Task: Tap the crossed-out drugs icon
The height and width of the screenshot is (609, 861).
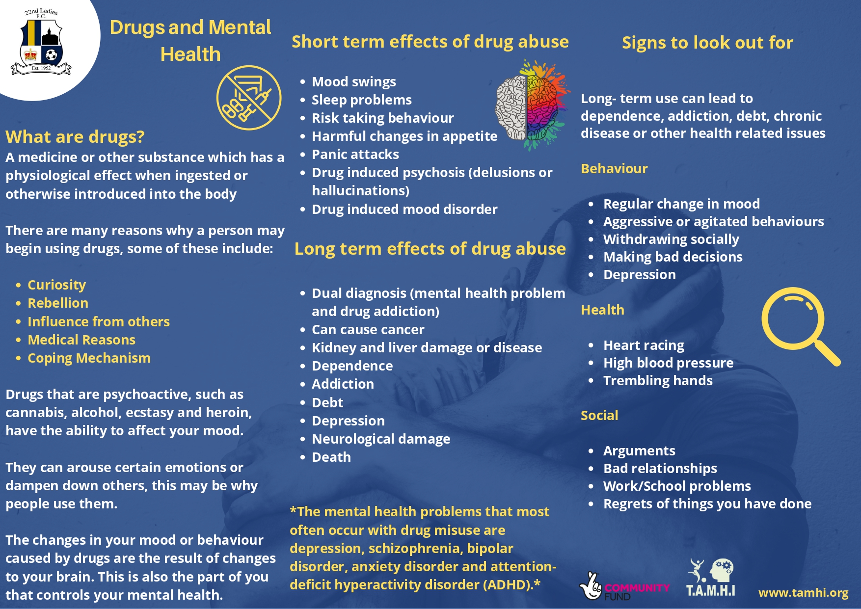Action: click(249, 98)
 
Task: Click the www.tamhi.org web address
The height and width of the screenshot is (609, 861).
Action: click(803, 593)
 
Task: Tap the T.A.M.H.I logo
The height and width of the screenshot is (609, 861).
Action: click(710, 578)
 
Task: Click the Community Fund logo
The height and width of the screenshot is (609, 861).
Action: click(624, 586)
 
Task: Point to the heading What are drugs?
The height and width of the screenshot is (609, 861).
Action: click(75, 137)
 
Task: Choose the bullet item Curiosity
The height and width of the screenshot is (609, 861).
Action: click(56, 285)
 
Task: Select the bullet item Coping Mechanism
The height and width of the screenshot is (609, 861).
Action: click(89, 358)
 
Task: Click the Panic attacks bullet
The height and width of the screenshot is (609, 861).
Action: click(355, 155)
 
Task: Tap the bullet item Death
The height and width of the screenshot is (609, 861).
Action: click(331, 457)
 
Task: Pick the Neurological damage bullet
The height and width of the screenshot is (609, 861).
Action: click(381, 439)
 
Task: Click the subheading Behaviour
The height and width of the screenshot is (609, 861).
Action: click(614, 169)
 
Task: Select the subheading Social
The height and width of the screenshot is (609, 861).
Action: click(599, 416)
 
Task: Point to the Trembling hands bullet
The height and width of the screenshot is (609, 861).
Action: click(658, 381)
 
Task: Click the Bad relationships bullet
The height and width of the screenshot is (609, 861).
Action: click(660, 469)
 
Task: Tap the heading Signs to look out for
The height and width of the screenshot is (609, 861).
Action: click(707, 43)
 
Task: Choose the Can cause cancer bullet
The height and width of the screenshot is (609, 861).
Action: click(368, 330)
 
